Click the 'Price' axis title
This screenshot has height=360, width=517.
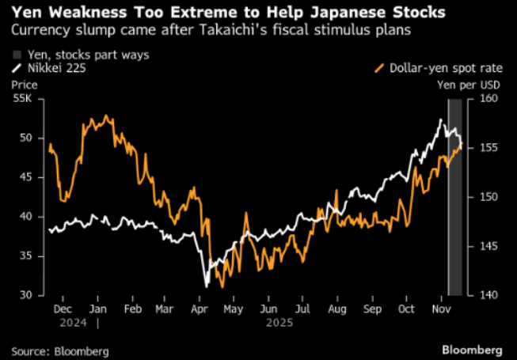click(24, 83)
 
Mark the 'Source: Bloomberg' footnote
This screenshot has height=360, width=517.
click(60, 350)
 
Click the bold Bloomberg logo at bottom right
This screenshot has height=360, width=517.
click(472, 349)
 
